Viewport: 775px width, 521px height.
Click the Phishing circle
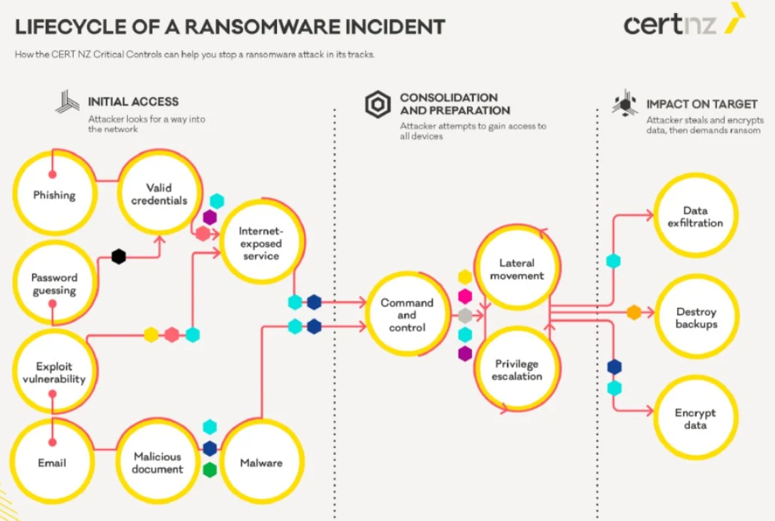[54, 195]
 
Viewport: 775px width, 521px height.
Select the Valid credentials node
[159, 194]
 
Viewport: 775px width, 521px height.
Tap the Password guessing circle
[54, 284]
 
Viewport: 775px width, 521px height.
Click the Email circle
[52, 462]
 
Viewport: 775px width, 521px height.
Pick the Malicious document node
[158, 462]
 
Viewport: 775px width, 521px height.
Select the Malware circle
[261, 462]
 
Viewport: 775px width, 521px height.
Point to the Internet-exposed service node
[261, 243]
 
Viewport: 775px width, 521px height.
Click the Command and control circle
[407, 315]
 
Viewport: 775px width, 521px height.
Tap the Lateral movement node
[517, 269]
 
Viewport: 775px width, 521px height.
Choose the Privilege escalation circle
[517, 370]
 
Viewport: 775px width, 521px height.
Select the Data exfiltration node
[695, 217]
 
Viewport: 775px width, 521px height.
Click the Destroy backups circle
[696, 317]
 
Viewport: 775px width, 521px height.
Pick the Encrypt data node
[695, 418]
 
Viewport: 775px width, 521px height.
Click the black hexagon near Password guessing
[118, 257]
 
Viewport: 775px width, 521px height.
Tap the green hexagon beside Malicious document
[210, 470]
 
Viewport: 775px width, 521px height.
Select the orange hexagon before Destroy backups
[634, 313]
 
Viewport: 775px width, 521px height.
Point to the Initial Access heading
[133, 102]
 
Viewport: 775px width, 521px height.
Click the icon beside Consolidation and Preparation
[378, 104]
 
